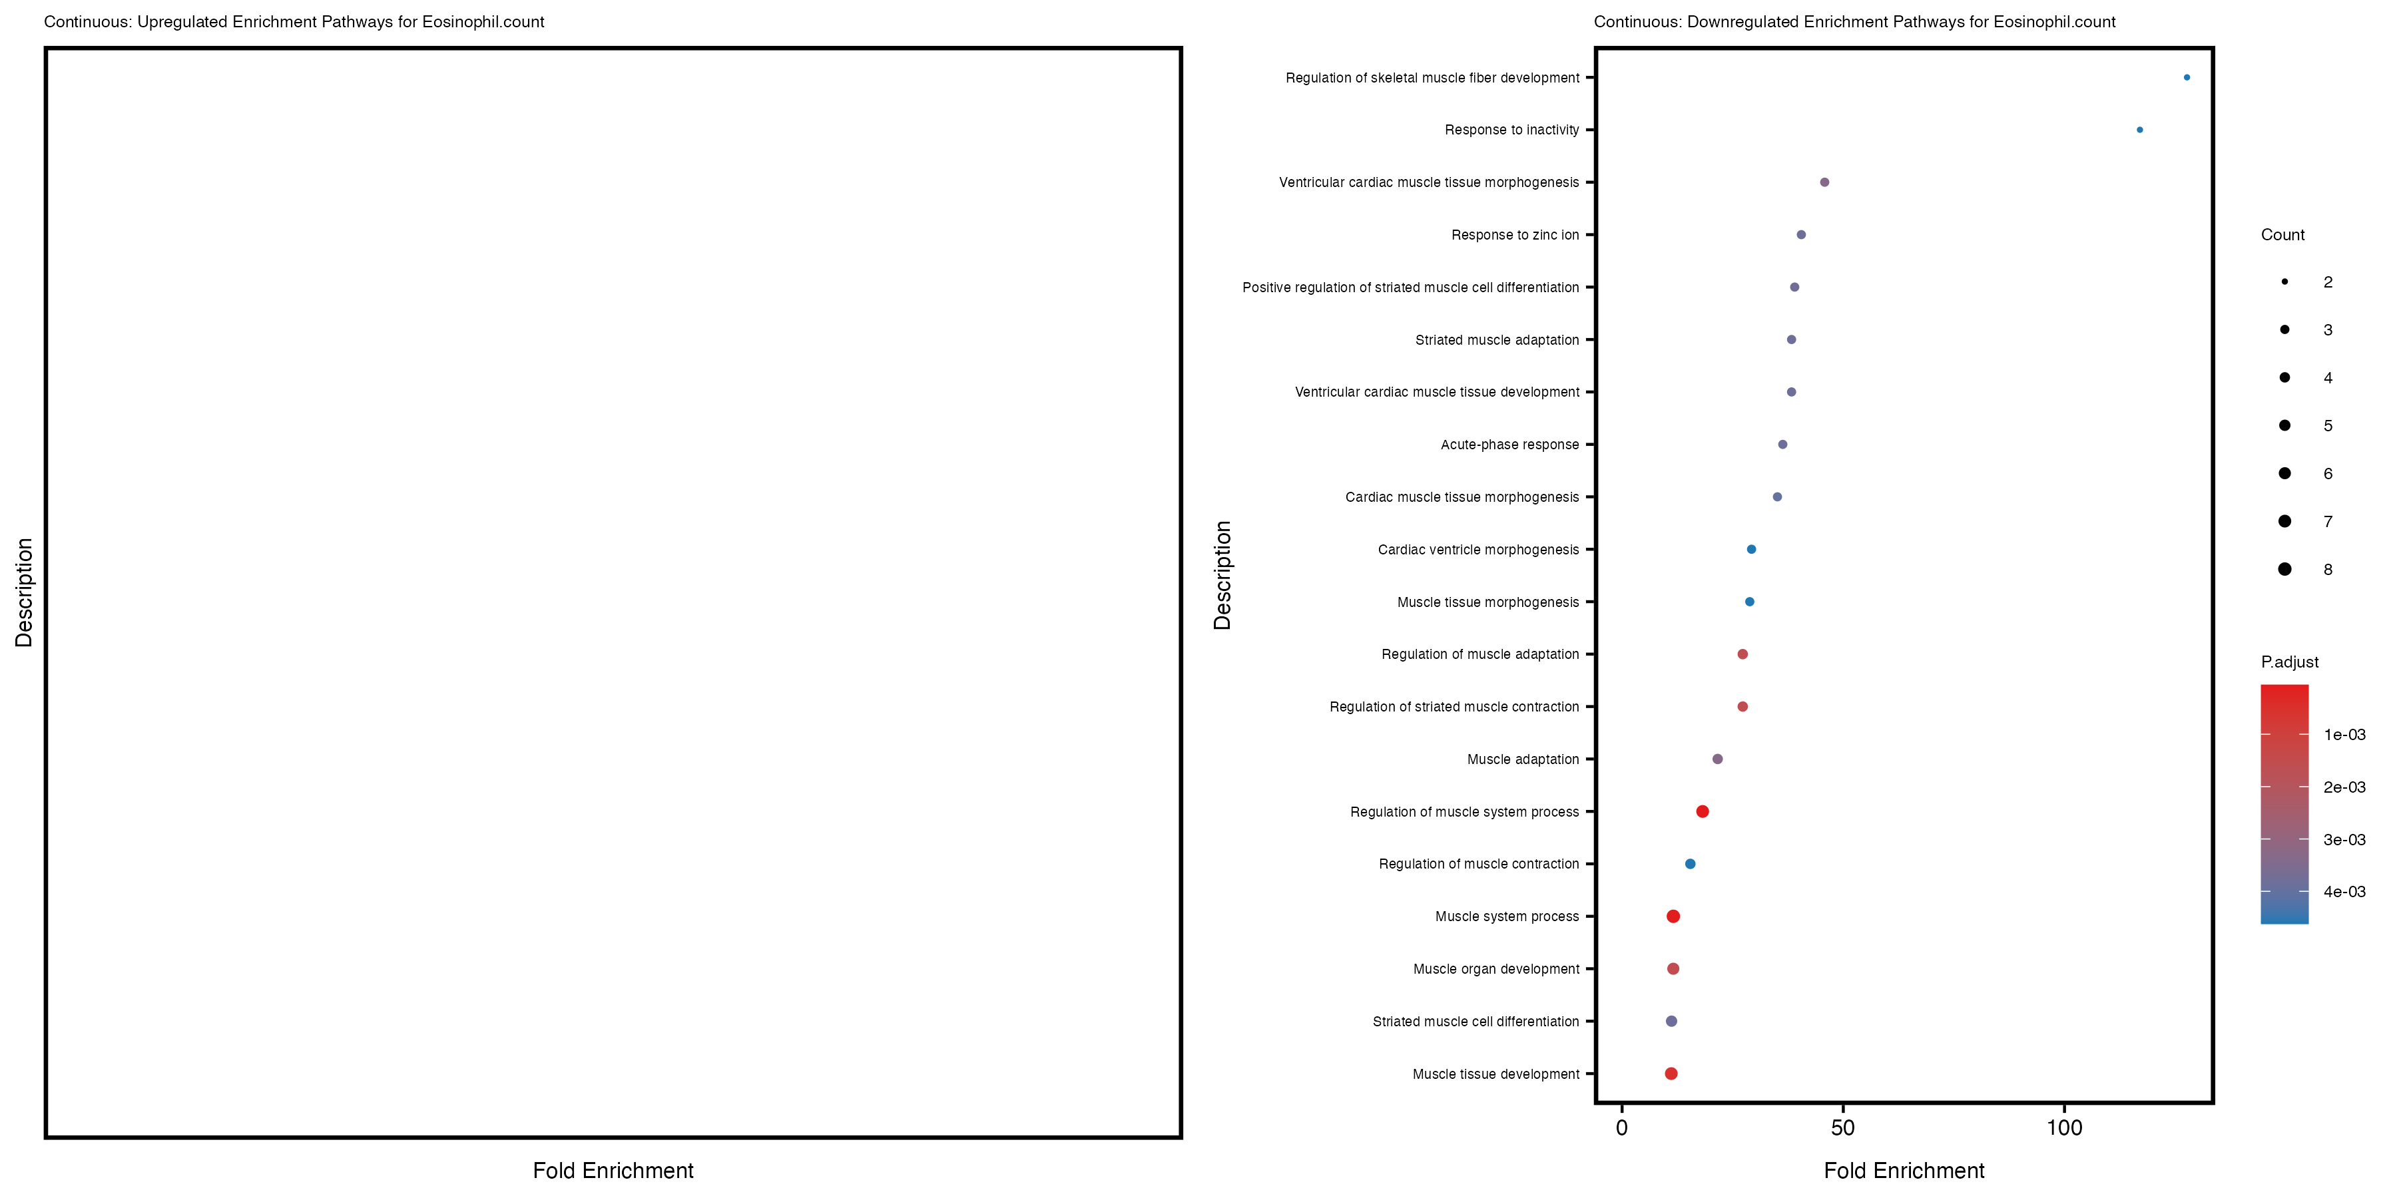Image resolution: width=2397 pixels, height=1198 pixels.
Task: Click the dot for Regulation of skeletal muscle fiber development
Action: pyautogui.click(x=2186, y=77)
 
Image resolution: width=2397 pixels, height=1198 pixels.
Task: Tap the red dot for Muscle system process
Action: pyautogui.click(x=1673, y=916)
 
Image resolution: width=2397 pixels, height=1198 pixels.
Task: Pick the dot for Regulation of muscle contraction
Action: pyautogui.click(x=1690, y=864)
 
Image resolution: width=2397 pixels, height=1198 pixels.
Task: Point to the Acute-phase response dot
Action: pyautogui.click(x=1782, y=445)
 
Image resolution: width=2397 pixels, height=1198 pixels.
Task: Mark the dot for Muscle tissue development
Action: pyautogui.click(x=1671, y=1074)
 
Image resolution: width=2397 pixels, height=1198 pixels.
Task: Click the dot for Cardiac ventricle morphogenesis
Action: pyautogui.click(x=1751, y=550)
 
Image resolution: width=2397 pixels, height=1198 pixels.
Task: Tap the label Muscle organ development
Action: pyautogui.click(x=1495, y=969)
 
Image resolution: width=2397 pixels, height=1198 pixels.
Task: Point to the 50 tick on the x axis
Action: pyautogui.click(x=1842, y=1128)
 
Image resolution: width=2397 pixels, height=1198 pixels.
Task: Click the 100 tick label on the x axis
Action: pyautogui.click(x=2064, y=1128)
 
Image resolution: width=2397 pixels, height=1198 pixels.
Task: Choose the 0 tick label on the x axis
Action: pyautogui.click(x=1622, y=1128)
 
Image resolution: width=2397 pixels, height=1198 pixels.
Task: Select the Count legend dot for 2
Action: pyautogui.click(x=2284, y=282)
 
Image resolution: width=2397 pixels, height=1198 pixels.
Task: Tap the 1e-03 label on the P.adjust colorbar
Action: pyautogui.click(x=2344, y=735)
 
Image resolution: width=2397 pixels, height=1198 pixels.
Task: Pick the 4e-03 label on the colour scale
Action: pyautogui.click(x=2344, y=892)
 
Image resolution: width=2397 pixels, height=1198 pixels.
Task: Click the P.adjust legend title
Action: pyautogui.click(x=2289, y=662)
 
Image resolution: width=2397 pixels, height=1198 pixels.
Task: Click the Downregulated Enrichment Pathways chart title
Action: pyautogui.click(x=1854, y=21)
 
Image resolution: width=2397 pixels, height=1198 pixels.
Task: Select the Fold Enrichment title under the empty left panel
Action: pyautogui.click(x=613, y=1170)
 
